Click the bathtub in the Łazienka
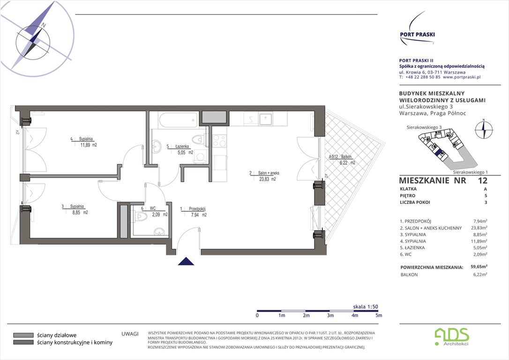click(178, 120)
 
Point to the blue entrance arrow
click(186, 261)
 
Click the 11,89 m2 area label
click(89, 145)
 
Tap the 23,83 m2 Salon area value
click(267, 179)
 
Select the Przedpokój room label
click(197, 209)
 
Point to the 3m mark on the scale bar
click(330, 315)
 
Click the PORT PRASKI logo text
click(417, 34)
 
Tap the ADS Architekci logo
click(452, 337)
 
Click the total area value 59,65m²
click(479, 267)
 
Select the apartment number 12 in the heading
click(482, 180)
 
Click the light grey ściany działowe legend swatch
click(23, 335)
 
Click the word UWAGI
click(130, 334)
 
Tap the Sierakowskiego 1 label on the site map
click(471, 172)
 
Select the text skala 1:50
click(365, 307)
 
